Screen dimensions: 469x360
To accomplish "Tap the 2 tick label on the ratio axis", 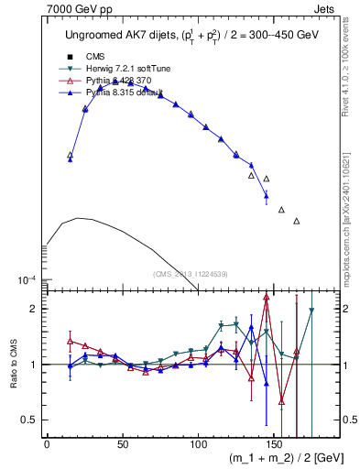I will tap(32, 310).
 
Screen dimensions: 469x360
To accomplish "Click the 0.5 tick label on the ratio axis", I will tap(28, 420).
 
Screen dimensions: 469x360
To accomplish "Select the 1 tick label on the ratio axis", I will tap(32, 365).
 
